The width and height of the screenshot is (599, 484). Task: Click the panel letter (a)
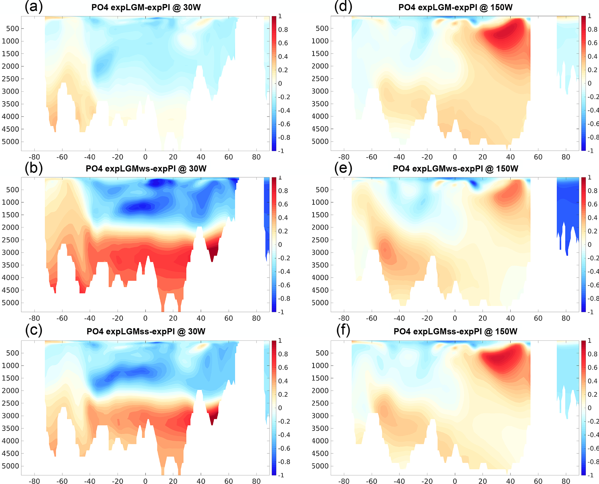34,7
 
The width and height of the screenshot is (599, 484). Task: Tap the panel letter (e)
343,168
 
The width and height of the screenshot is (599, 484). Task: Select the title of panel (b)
146,168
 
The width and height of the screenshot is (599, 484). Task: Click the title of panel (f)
455,331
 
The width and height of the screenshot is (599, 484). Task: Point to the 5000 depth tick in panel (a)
10,142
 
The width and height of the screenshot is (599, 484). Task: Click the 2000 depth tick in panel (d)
320,66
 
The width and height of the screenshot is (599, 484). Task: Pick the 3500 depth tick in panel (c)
10,428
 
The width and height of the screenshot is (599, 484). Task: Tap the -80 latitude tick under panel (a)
34,157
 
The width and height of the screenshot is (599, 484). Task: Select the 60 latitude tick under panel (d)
538,157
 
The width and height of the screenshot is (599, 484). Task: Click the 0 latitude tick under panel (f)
455,481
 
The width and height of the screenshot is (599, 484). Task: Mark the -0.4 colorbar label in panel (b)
284,272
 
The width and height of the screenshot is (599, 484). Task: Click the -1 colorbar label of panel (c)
280,475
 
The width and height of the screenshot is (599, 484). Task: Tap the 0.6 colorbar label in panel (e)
592,204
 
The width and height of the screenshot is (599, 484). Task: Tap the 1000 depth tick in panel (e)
320,202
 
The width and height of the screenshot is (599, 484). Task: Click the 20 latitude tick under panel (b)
173,318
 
